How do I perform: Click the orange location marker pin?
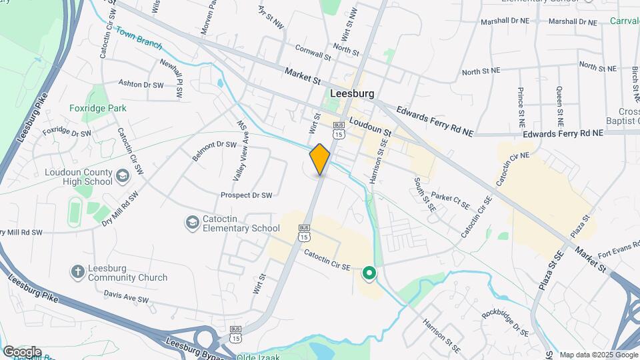(x=320, y=159)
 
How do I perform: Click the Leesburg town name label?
(x=351, y=94)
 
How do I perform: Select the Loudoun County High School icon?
(x=122, y=175)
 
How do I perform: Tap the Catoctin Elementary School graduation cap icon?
(x=192, y=222)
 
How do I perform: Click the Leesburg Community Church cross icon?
(x=78, y=271)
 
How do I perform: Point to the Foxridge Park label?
(x=98, y=108)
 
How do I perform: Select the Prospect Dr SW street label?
(x=247, y=195)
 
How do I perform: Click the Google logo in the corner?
(x=22, y=351)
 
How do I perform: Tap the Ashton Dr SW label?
(x=141, y=84)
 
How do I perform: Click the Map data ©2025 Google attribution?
(x=597, y=355)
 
